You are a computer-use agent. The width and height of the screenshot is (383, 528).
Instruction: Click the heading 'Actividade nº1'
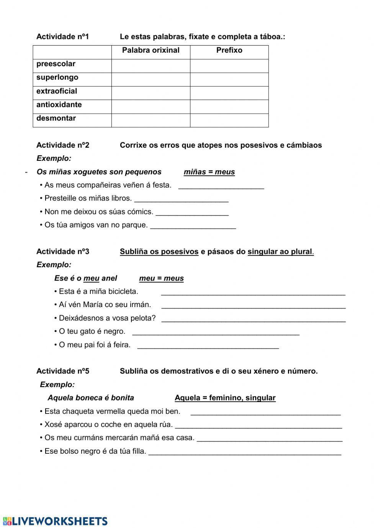point(62,37)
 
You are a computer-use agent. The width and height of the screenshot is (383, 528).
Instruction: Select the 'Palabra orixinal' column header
point(151,50)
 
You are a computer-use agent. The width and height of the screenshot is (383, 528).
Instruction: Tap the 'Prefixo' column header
point(229,50)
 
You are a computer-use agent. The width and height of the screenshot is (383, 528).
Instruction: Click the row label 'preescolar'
point(56,64)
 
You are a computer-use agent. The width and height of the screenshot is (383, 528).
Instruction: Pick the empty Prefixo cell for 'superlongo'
point(229,79)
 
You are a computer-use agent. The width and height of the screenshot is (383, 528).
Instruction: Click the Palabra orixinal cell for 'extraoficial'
point(151,93)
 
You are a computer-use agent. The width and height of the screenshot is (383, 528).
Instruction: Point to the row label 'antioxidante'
point(59,105)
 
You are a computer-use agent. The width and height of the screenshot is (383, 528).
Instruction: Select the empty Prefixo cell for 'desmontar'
point(229,120)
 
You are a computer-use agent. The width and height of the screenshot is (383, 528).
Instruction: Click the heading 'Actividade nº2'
point(62,145)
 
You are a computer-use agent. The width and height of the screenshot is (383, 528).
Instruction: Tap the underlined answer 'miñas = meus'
point(209,172)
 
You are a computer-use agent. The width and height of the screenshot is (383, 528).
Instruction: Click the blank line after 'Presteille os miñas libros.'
point(182,200)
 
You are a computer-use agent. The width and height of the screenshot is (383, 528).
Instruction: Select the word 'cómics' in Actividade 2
point(142,212)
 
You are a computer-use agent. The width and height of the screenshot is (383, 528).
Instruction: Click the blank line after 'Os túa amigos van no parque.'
point(193,227)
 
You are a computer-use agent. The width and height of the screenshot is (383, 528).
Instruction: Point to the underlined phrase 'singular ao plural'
point(280,252)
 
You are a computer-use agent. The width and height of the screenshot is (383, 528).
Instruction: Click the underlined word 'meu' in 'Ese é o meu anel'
point(91,278)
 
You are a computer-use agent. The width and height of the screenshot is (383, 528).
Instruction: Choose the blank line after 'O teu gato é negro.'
point(216,333)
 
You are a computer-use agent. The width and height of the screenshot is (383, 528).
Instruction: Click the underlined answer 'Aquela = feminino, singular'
point(225,398)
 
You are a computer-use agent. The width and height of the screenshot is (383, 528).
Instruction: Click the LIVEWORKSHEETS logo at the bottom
point(56,521)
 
